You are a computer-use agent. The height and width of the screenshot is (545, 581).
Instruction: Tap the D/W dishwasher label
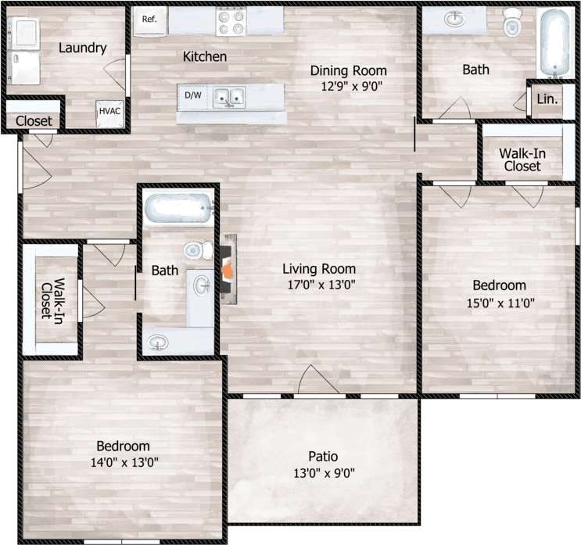click(192, 95)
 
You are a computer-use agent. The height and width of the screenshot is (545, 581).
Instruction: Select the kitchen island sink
click(229, 97)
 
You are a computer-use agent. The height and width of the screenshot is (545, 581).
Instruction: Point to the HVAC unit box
click(109, 112)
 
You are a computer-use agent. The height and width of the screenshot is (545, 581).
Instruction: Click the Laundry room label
click(82, 48)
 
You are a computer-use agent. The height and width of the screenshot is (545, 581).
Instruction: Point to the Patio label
click(322, 457)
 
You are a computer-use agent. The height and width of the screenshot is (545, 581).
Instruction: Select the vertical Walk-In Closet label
click(52, 300)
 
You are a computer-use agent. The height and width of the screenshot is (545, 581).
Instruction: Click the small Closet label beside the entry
click(34, 121)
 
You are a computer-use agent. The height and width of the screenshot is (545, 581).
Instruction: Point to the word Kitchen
click(205, 57)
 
